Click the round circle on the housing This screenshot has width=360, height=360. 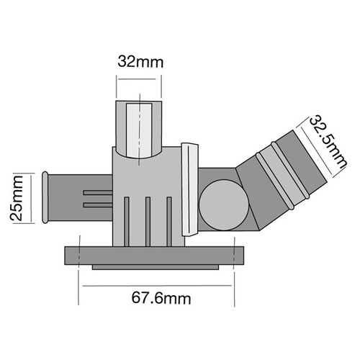click(x=220, y=204)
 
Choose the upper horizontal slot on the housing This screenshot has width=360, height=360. click(x=98, y=193)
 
